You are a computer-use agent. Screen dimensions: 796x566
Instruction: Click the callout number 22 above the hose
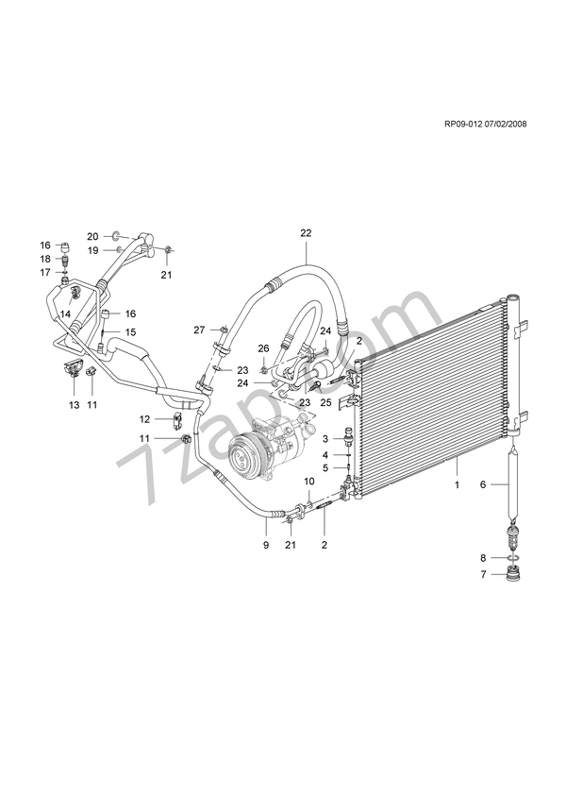coord(306,232)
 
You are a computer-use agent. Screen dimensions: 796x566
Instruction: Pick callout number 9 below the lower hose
coord(265,546)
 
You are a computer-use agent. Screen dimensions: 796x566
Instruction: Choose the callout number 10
coord(308,482)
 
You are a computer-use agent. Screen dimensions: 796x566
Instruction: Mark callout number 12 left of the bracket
coord(145,418)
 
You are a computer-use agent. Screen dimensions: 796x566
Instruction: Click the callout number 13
coord(75,404)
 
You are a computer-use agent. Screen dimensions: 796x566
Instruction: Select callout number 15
coord(131,331)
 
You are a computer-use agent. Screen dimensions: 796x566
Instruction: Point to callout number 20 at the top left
coord(92,235)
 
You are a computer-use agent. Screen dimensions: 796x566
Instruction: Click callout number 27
coord(199,330)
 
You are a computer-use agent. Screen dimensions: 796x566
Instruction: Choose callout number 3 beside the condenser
coord(325,439)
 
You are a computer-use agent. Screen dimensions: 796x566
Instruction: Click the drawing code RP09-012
coord(468,123)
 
